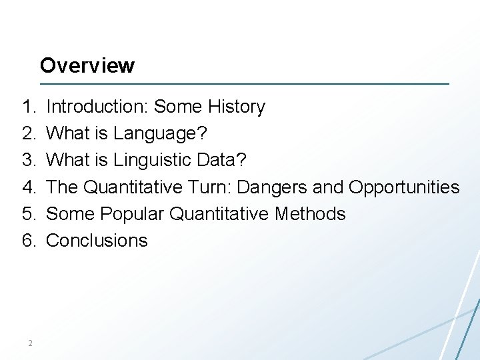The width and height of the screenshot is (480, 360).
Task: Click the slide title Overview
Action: click(x=87, y=65)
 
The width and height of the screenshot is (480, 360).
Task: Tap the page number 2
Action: click(x=30, y=343)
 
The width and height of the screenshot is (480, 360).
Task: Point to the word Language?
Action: click(x=160, y=134)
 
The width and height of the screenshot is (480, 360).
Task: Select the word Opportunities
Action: click(x=404, y=187)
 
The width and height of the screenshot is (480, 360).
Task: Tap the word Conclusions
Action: click(x=97, y=241)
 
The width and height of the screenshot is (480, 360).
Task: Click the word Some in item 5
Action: click(x=70, y=214)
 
